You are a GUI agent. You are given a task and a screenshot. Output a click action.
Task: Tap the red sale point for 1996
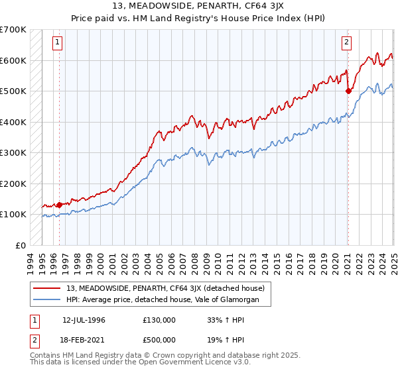pyautogui.click(x=59, y=205)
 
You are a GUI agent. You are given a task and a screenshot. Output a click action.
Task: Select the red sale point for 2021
pyautogui.click(x=348, y=91)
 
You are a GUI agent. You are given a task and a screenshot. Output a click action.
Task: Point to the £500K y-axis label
pyautogui.click(x=13, y=91)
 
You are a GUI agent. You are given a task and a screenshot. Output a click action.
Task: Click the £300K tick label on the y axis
pyautogui.click(x=13, y=152)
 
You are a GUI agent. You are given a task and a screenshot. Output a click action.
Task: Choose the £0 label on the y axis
pyautogui.click(x=20, y=245)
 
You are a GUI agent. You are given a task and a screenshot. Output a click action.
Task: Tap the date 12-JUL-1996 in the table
pyautogui.click(x=84, y=319)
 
